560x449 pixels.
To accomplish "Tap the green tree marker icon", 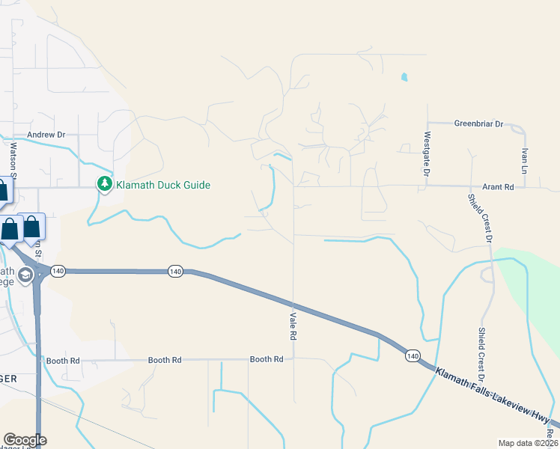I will click(105, 184).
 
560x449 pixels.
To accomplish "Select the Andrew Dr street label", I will click(46, 135).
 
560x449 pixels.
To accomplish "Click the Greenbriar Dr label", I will click(478, 123).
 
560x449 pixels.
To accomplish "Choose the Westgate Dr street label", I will click(427, 154).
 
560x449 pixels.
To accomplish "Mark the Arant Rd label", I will click(499, 186).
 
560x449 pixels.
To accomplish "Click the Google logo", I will click(25, 440).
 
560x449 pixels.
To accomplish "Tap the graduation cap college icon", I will click(25, 275).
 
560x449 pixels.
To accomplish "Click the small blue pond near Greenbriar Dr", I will click(404, 76).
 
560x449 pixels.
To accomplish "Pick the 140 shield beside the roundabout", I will click(60, 270).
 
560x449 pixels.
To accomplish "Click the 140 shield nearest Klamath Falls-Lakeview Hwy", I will click(413, 355).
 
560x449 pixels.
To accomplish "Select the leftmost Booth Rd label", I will click(63, 361).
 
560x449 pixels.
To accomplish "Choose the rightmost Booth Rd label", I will click(267, 359).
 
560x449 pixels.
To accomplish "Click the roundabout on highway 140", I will click(38, 271).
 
